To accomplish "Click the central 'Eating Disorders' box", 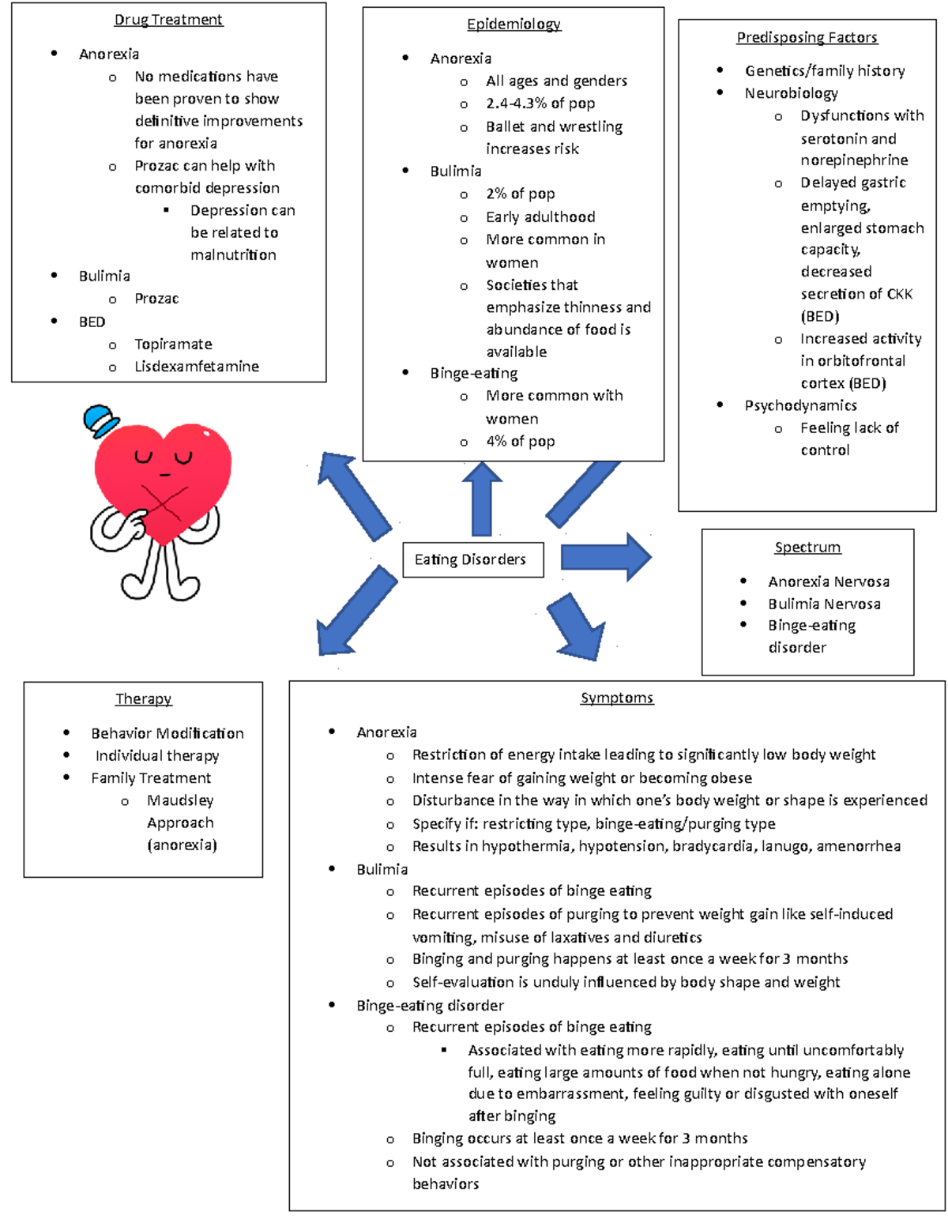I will click(472, 559).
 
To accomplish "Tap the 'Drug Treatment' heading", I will click(168, 20).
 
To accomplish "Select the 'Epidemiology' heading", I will click(513, 24).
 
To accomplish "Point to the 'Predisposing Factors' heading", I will click(807, 37).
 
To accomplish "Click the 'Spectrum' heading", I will click(807, 547).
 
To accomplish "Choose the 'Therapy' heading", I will click(143, 698).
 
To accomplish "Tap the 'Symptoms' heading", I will click(617, 698).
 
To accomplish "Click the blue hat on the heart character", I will click(100, 420).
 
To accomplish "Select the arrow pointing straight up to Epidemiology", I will click(482, 499).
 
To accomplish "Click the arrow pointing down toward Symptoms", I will click(577, 627).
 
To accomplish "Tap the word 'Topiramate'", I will click(173, 344).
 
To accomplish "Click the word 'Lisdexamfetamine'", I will click(197, 367).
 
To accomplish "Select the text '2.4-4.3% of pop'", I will click(540, 104).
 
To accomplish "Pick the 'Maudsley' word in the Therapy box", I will click(180, 800).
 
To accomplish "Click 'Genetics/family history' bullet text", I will click(825, 71).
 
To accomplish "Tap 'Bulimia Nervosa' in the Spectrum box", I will click(824, 604).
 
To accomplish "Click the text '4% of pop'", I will click(520, 442).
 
